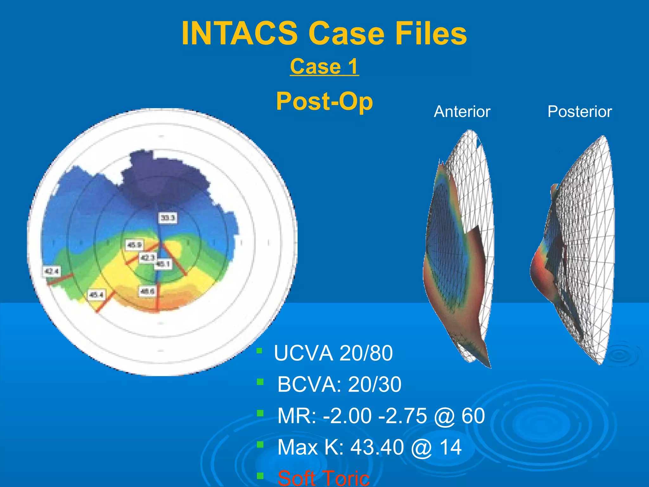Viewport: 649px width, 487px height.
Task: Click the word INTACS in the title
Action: [239, 33]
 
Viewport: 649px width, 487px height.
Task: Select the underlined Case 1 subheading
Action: [324, 67]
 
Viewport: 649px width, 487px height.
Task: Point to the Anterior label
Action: [462, 112]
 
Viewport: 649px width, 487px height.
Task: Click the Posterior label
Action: [580, 112]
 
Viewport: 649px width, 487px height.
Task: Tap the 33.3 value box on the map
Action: [167, 218]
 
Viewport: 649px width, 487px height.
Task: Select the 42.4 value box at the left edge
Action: [51, 271]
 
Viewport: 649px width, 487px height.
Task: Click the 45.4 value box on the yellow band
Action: [96, 295]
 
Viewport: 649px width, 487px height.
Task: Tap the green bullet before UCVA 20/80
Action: [260, 351]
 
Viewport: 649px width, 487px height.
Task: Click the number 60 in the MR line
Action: [473, 416]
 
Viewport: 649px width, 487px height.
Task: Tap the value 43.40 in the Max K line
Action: [377, 447]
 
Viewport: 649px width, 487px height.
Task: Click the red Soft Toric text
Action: [323, 478]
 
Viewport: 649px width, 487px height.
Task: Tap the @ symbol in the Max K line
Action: [421, 448]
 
